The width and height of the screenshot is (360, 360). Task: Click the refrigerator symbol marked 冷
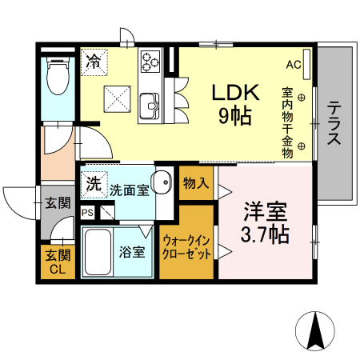tap(94, 61)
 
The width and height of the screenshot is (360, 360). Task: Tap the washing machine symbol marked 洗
tap(94, 183)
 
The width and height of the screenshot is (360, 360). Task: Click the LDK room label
tap(235, 93)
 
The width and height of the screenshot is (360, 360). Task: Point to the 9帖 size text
tap(235, 116)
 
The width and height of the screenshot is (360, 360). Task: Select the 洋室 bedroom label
tap(265, 213)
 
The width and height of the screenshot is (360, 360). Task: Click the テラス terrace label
tap(334, 122)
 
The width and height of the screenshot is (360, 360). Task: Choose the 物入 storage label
tap(196, 184)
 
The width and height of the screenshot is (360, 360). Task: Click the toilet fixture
tap(57, 81)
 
